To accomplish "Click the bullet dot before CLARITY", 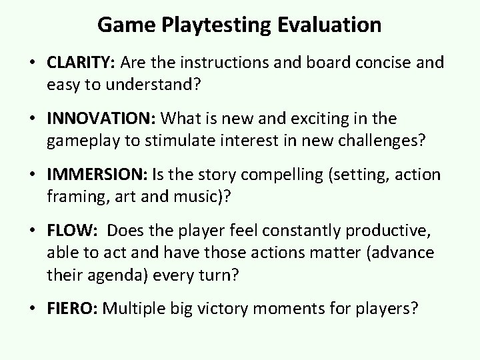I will [35, 63].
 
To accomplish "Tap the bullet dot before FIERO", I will [35, 308].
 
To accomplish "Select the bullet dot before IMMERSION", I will [35, 175].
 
